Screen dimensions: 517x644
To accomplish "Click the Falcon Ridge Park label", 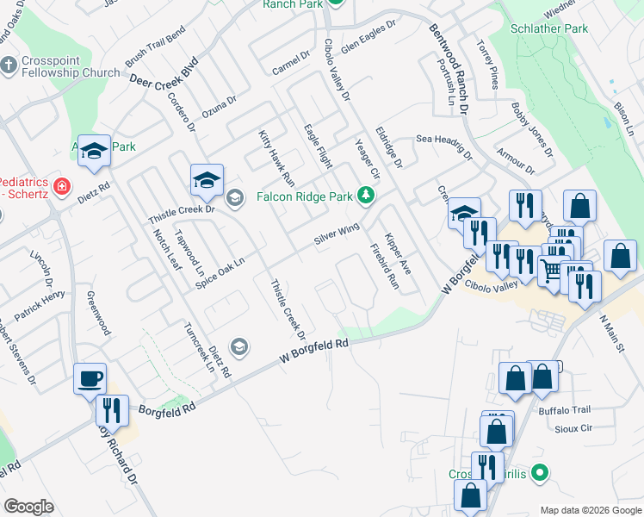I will (305, 196).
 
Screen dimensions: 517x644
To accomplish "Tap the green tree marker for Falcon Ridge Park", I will (367, 196).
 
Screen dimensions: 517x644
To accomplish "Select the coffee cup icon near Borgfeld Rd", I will (90, 377).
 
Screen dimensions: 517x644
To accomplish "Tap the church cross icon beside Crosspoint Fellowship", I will (8, 65).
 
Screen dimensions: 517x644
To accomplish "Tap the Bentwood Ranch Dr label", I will (449, 68).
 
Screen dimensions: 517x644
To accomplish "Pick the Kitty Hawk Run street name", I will (276, 159).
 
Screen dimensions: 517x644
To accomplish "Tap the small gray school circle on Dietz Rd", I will (239, 346).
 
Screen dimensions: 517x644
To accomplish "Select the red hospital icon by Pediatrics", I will (61, 185).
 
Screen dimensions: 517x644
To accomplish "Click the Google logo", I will (29, 506).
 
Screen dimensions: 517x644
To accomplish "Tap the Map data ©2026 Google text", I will (590, 509).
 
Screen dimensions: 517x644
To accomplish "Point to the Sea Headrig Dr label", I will (444, 146).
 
